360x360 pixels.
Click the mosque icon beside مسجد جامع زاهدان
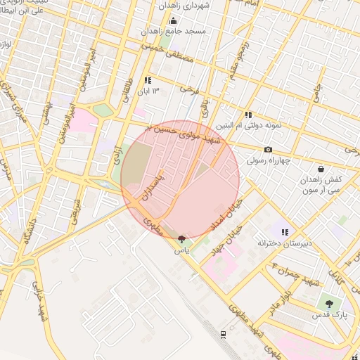point(173,20)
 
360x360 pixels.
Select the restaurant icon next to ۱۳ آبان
point(148,80)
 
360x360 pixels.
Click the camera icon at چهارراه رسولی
point(268,149)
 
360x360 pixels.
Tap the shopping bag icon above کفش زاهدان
point(321,169)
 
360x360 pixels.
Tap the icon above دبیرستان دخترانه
point(285,232)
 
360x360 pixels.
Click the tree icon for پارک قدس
point(329,304)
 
